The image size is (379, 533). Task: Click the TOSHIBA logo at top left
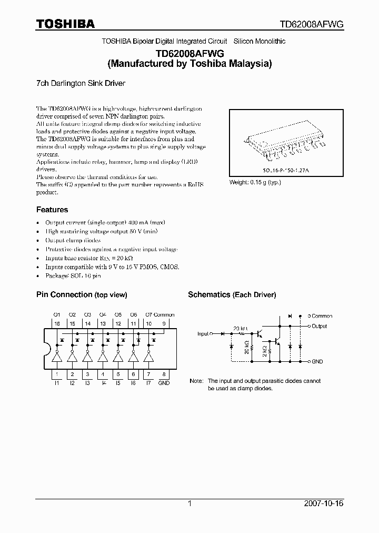click(x=65, y=24)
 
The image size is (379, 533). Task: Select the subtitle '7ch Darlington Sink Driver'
click(x=80, y=83)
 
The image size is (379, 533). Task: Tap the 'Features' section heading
click(x=52, y=210)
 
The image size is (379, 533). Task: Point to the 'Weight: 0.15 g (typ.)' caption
click(x=255, y=182)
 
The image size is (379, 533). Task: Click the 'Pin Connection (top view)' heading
click(x=81, y=295)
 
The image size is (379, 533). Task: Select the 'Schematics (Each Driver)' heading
click(x=232, y=295)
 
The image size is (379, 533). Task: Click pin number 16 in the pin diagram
click(x=57, y=323)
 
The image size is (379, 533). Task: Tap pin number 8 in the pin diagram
click(x=164, y=374)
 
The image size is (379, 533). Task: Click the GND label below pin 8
click(x=164, y=383)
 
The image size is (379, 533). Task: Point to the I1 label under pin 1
click(x=57, y=383)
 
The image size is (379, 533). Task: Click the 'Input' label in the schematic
click(x=203, y=334)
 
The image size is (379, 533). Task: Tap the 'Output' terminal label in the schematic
click(x=319, y=327)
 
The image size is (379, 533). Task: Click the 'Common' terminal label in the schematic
click(x=322, y=316)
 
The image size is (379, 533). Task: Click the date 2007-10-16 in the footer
click(x=324, y=504)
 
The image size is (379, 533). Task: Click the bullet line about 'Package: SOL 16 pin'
click(x=73, y=275)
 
